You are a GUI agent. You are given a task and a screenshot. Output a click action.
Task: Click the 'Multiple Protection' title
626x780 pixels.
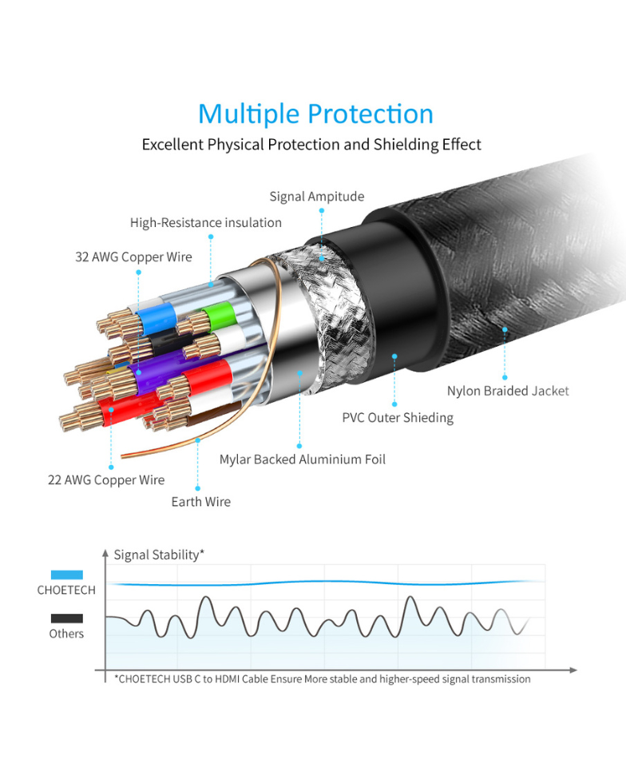315,114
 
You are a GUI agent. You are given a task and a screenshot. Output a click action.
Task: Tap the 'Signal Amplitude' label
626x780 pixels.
317,197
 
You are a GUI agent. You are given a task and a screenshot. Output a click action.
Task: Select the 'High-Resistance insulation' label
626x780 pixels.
206,222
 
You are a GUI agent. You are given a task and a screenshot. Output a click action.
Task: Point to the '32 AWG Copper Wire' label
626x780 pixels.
133,257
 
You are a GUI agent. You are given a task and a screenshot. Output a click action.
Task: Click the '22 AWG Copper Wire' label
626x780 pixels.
106,480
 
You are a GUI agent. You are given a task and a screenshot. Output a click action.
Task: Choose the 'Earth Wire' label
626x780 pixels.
200,501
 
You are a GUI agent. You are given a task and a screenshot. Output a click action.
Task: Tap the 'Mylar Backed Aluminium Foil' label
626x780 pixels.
302,460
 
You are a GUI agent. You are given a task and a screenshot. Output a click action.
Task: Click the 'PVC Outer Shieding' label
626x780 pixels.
398,417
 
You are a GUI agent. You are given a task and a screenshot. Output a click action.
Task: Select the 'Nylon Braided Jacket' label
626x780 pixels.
508,391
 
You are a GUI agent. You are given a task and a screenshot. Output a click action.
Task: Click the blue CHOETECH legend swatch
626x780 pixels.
66,575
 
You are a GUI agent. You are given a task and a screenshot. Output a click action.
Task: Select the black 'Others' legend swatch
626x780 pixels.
66,619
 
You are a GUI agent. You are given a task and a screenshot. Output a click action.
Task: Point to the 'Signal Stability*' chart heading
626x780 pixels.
159,555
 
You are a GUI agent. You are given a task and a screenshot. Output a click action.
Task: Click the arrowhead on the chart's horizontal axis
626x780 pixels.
573,670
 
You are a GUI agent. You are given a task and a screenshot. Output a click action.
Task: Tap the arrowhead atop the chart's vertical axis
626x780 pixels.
105,553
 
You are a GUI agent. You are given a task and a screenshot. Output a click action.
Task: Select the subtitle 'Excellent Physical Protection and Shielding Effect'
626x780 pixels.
311,145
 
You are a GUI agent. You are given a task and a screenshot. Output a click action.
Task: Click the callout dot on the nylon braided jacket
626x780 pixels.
505,329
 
